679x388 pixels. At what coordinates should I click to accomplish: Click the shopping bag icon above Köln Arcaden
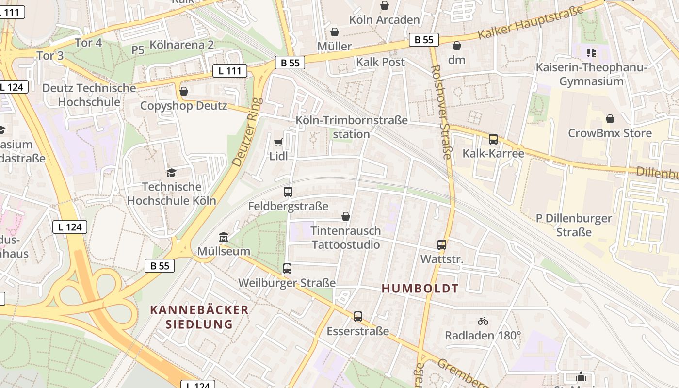tap(385, 5)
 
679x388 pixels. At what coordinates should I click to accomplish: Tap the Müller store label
tap(334, 46)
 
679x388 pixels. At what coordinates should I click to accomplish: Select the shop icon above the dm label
tap(456, 46)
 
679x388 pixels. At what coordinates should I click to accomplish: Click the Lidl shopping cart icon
tap(278, 142)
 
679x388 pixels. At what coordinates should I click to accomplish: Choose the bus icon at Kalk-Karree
tap(493, 139)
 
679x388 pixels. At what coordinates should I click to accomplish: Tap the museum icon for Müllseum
tap(224, 237)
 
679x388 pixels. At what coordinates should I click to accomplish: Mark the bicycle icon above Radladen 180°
tap(483, 321)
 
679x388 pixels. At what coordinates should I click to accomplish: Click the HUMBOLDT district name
tap(420, 289)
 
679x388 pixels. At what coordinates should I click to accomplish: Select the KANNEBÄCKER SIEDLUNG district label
tap(199, 317)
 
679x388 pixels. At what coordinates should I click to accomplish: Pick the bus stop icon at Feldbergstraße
tap(288, 192)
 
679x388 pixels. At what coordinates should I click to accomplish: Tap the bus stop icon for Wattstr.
tap(442, 245)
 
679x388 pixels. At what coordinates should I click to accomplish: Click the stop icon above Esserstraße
tap(358, 317)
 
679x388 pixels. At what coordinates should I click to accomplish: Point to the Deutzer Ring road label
tap(247, 132)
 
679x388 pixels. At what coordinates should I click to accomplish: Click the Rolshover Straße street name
tap(441, 112)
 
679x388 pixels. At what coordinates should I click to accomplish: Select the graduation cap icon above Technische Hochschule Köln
tap(171, 173)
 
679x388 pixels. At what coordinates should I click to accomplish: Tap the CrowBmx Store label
tap(610, 133)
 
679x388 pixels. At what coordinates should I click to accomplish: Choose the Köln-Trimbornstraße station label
tap(352, 127)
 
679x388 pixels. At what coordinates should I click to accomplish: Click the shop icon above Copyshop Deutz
tap(184, 91)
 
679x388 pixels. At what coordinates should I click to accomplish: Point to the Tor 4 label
tap(88, 43)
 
